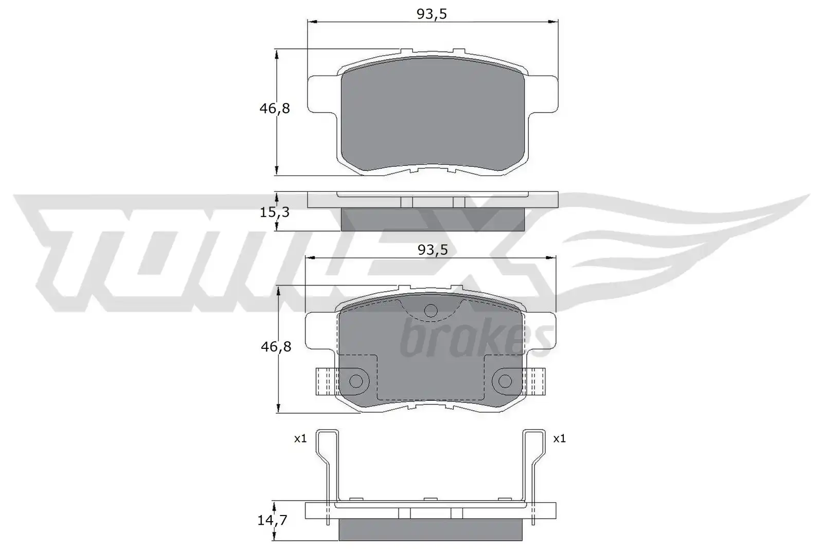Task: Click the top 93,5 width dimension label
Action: click(432, 14)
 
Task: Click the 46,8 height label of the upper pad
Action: click(275, 109)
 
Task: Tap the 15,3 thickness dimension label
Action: click(275, 212)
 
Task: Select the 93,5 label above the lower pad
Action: click(433, 250)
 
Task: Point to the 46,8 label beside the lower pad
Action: click(276, 346)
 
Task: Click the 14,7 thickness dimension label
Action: click(272, 520)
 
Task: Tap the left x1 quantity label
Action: click(300, 438)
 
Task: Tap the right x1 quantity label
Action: click(560, 438)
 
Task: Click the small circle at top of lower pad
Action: click(431, 311)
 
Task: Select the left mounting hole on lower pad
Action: click(355, 381)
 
